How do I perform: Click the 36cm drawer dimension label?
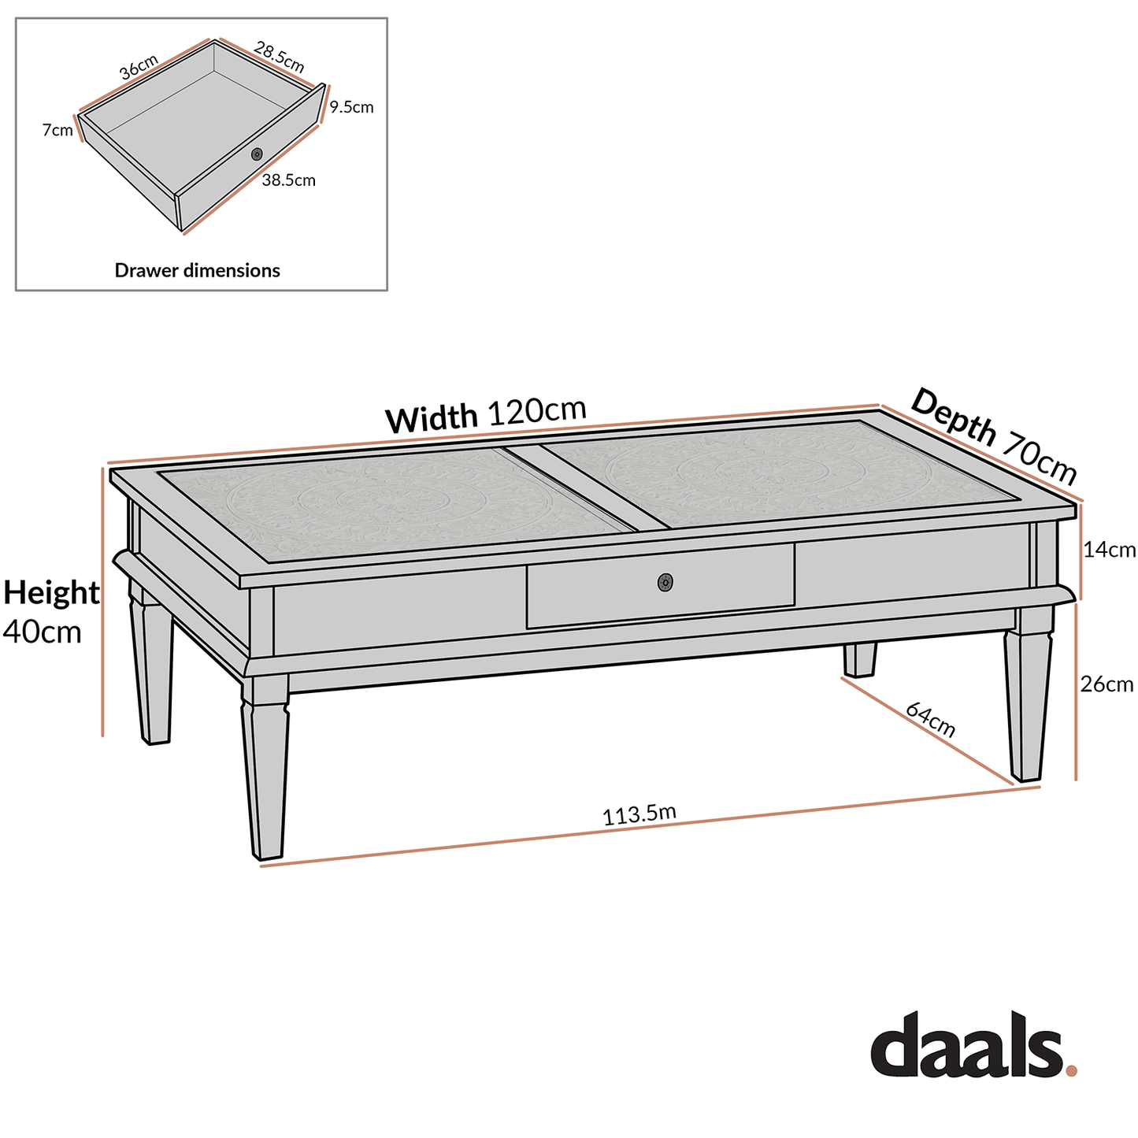139,67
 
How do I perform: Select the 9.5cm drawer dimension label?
351,107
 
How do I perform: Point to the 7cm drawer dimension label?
57,131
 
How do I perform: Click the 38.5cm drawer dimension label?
288,180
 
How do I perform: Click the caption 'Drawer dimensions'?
197,270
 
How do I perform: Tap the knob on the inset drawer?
257,154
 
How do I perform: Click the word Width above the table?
432,418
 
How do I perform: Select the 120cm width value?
537,410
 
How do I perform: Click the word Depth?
954,417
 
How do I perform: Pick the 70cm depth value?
1039,459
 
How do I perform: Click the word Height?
51,592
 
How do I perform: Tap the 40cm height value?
43,631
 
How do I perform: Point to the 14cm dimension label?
1109,550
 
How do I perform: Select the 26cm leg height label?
1106,684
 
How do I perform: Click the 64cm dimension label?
930,720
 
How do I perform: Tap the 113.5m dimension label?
639,814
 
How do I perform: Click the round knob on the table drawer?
665,582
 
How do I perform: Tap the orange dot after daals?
1070,1069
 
